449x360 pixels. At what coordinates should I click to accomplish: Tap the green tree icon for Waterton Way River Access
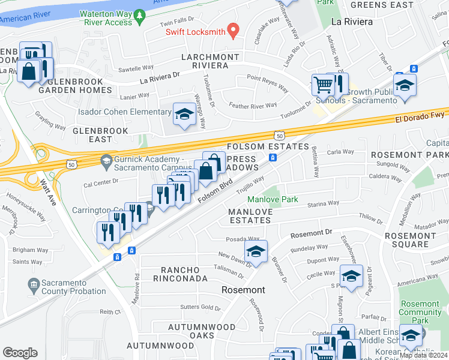click(139, 14)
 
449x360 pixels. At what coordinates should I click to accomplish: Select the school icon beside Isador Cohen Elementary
click(184, 113)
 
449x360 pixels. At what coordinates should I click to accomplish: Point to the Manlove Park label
click(273, 199)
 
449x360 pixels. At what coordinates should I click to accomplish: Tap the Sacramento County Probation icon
click(34, 283)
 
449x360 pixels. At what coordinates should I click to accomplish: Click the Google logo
click(20, 352)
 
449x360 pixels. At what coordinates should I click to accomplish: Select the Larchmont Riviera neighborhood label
click(202, 61)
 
